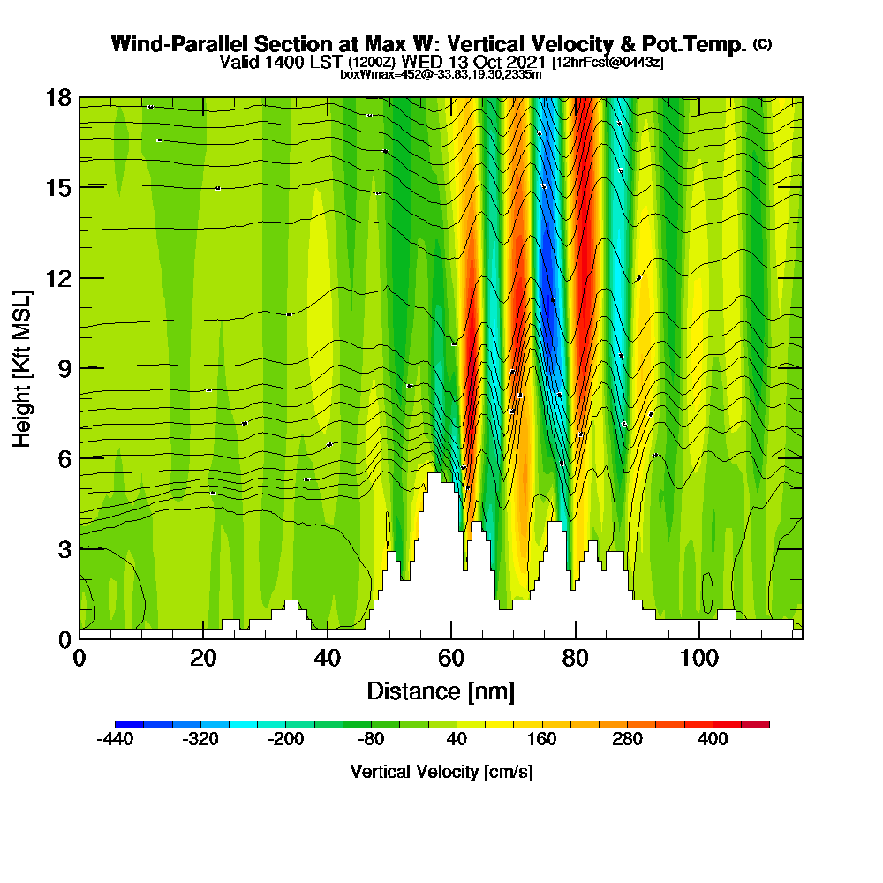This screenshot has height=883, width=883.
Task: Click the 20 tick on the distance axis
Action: point(203,659)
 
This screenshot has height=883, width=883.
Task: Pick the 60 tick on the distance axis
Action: point(451,659)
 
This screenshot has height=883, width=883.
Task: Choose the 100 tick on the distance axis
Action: point(699,659)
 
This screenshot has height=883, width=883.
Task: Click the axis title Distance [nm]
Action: point(441,691)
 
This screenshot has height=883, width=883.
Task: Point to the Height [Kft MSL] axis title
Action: point(22,367)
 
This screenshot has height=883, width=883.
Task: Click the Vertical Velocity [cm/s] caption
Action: point(441,772)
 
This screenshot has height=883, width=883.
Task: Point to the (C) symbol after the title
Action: point(761,44)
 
